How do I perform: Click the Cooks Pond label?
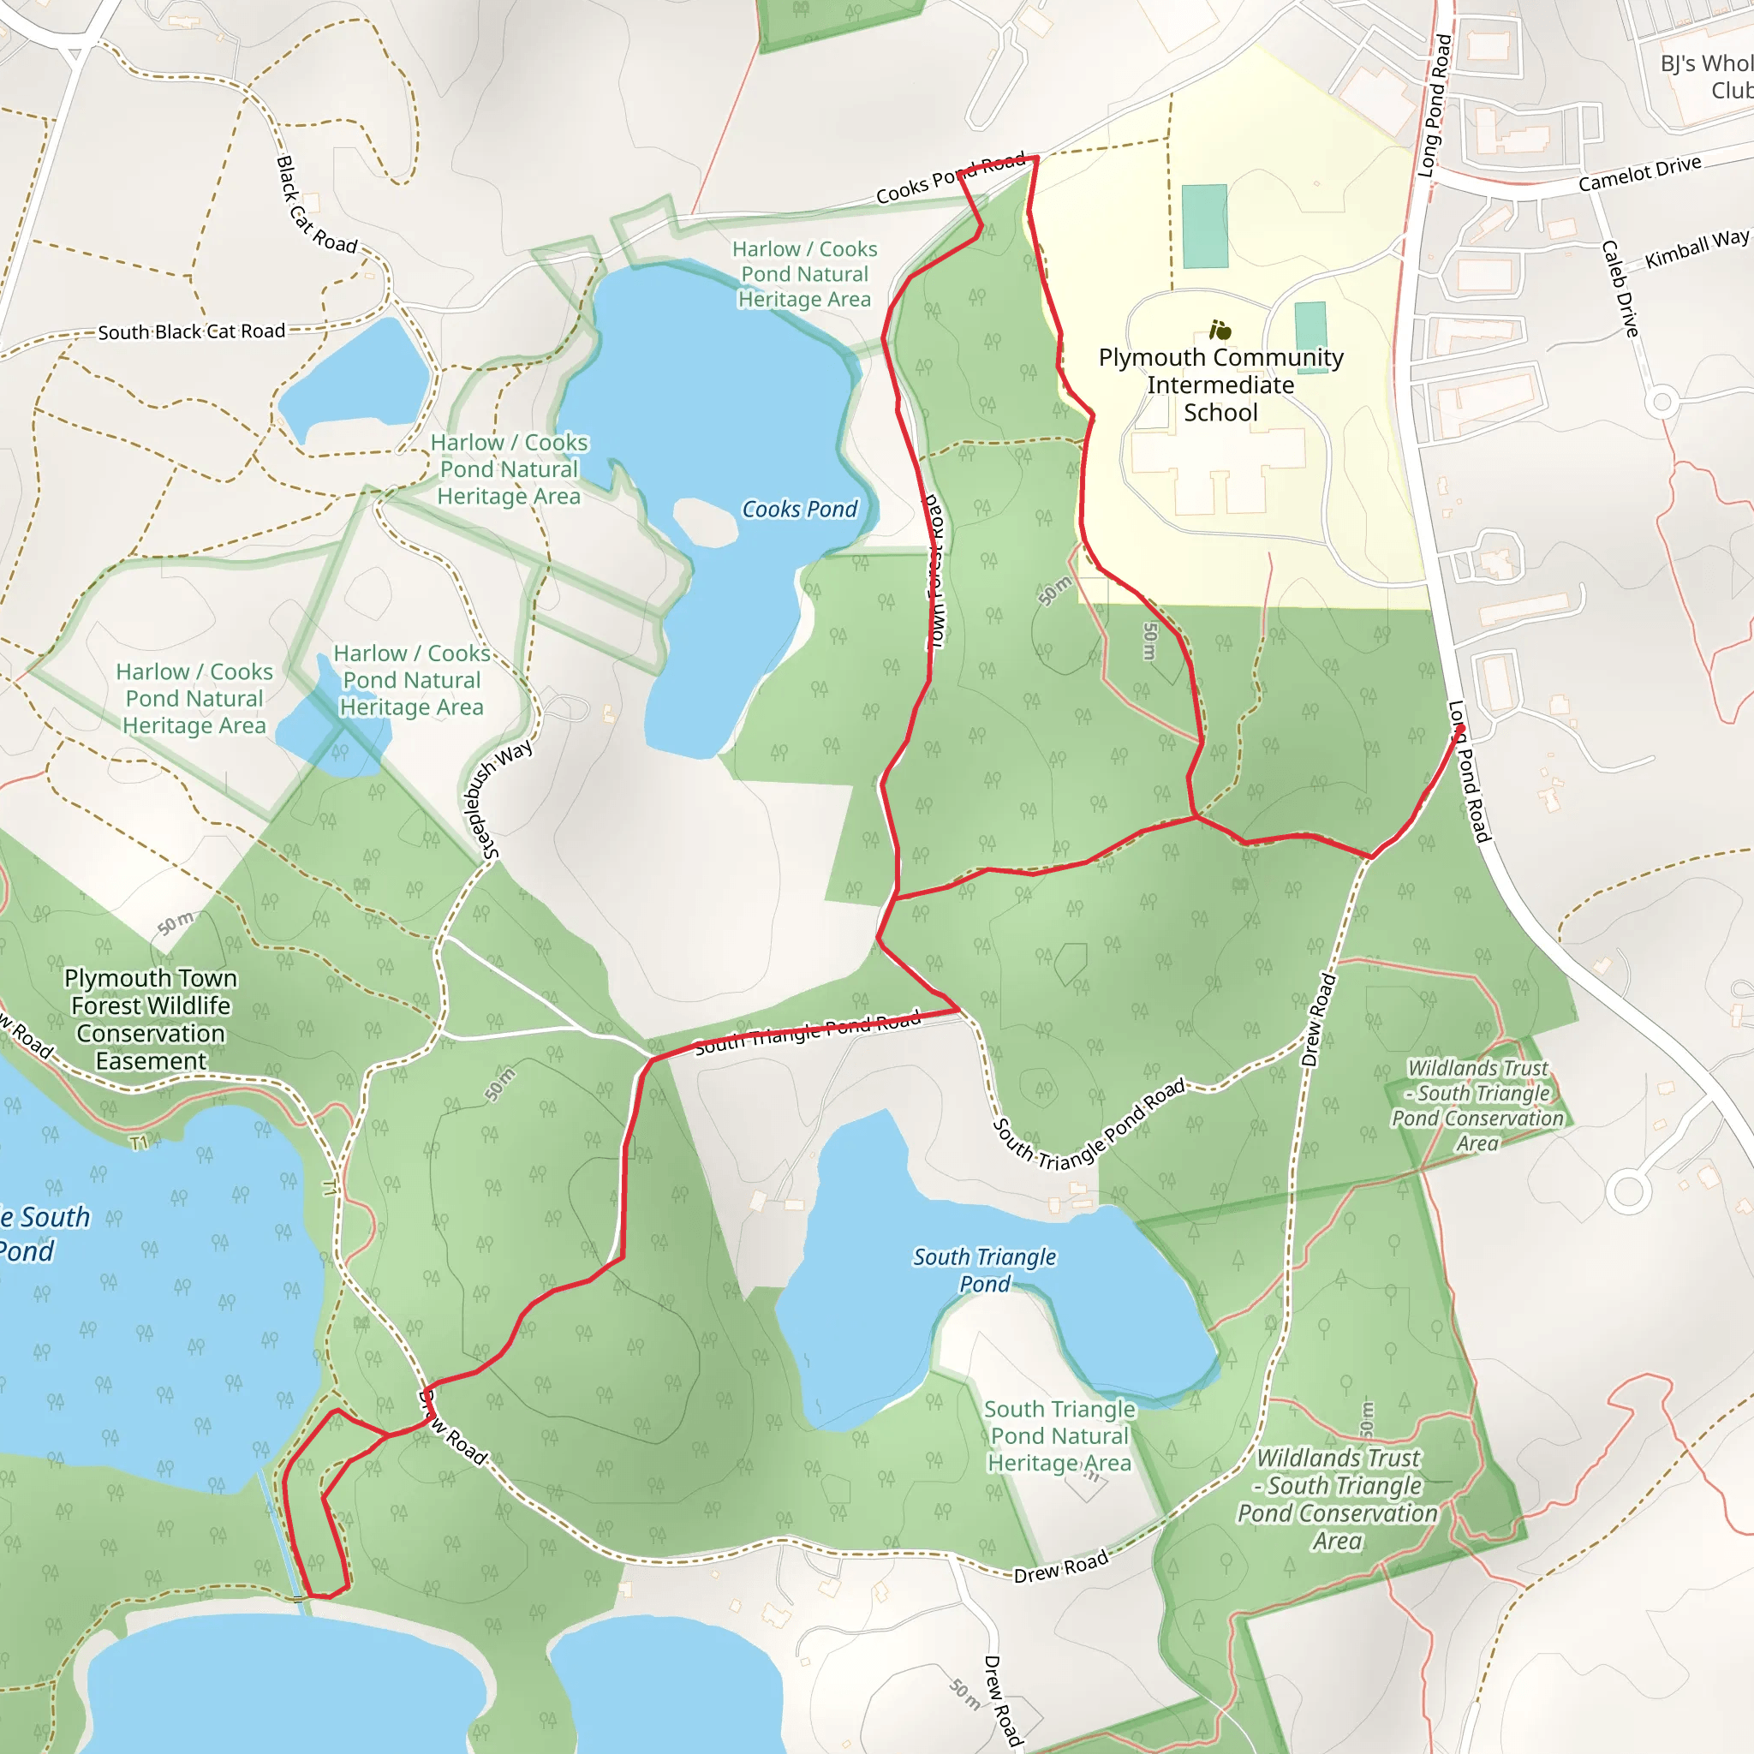tap(799, 510)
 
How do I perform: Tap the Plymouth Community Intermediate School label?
tap(1220, 385)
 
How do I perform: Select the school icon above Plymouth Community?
tap(1220, 330)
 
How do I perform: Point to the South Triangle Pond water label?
tap(984, 1270)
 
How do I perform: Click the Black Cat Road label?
tap(315, 206)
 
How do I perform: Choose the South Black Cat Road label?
tap(192, 331)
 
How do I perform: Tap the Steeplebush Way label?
tap(498, 799)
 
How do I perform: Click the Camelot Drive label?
tap(1638, 172)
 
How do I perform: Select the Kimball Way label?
tap(1696, 248)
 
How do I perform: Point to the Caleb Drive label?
tap(1620, 289)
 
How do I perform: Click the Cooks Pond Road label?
tap(950, 178)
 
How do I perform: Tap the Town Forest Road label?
tap(934, 572)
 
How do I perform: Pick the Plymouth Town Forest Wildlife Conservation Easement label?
tap(151, 1018)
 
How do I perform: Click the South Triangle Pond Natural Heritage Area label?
tap(1059, 1435)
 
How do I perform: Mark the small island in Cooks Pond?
tap(704, 523)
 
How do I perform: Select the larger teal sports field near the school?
tap(1205, 226)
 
